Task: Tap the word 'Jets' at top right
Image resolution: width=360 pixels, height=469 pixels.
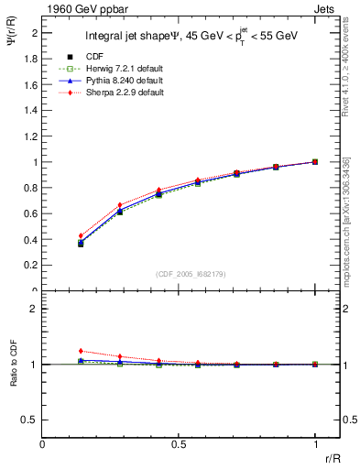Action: point(327,7)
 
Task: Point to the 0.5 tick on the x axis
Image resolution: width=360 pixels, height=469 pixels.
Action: point(179,443)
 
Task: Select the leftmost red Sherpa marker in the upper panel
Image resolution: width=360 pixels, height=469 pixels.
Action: point(81,235)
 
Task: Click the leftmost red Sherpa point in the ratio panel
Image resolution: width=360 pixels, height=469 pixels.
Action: point(81,351)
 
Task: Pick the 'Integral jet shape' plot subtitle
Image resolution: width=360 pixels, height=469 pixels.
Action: point(137,38)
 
